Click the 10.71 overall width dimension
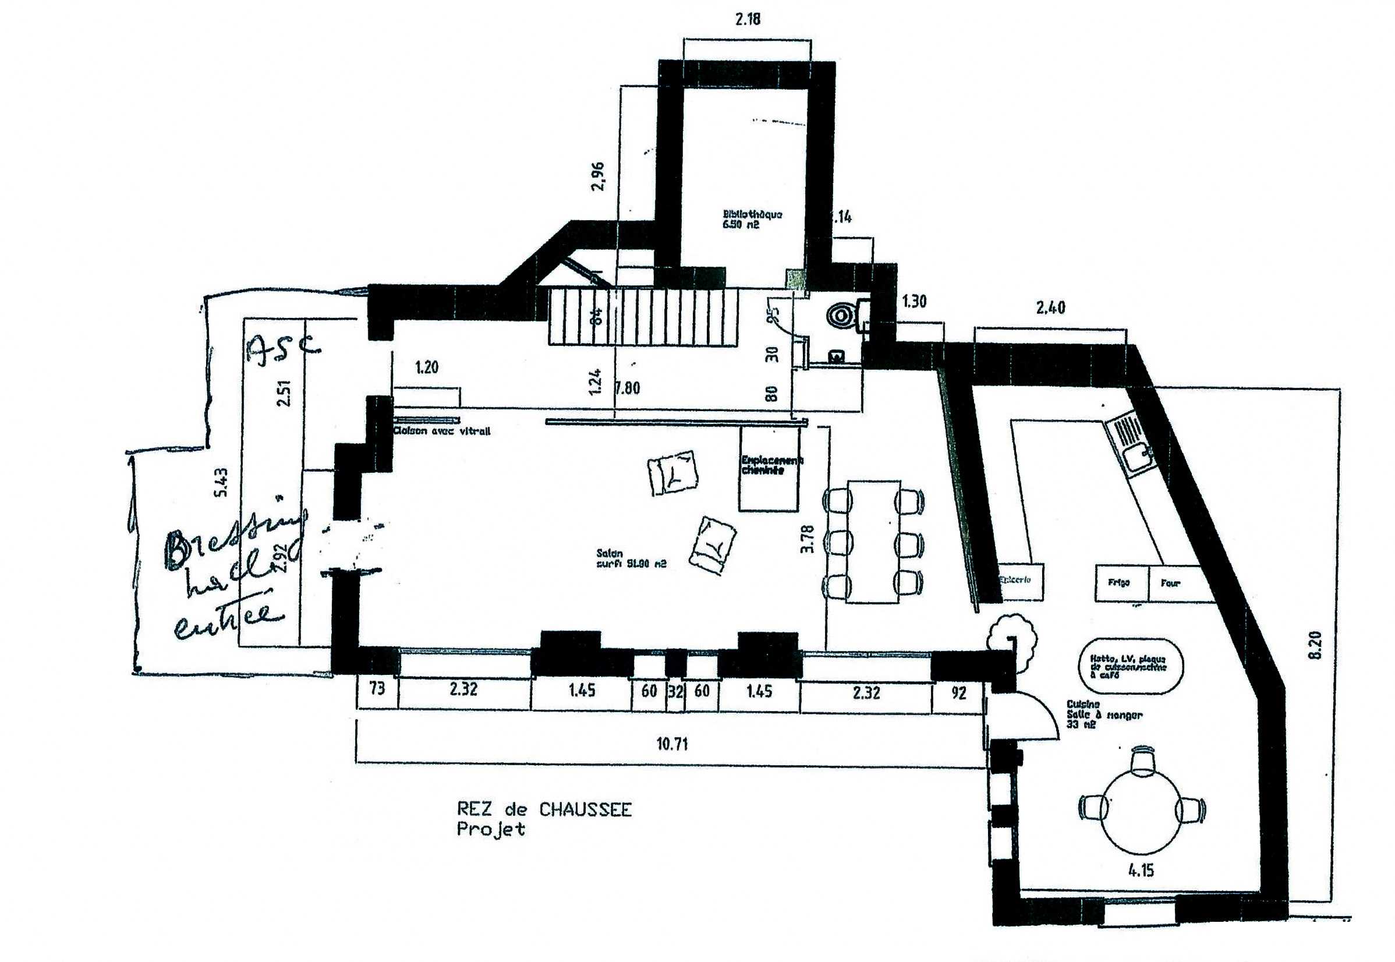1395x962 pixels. (x=672, y=744)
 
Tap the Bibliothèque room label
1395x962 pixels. (x=752, y=219)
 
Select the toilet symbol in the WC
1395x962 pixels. (x=841, y=314)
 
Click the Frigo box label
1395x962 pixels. (x=1118, y=583)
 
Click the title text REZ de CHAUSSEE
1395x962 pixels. (x=544, y=809)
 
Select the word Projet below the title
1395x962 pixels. (x=490, y=829)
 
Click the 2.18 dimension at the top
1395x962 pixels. (x=747, y=19)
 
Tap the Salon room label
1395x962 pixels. (x=631, y=558)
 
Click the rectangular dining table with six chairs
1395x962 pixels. (x=873, y=542)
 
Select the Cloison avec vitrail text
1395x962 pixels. (x=442, y=431)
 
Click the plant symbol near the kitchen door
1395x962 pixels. (x=1012, y=638)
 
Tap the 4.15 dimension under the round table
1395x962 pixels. (x=1141, y=870)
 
